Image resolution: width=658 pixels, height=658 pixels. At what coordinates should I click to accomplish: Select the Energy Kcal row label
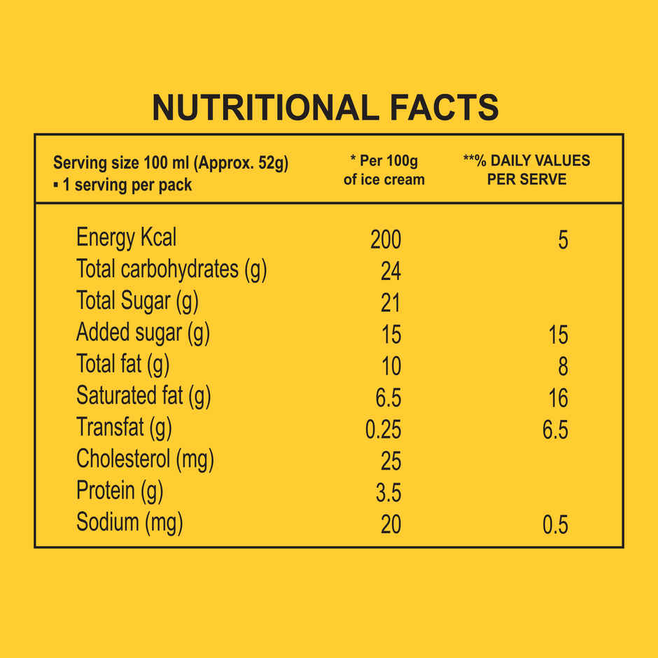(126, 238)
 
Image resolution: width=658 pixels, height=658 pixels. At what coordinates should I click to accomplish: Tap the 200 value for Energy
(386, 239)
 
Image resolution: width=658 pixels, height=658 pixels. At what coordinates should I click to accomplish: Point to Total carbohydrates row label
(171, 269)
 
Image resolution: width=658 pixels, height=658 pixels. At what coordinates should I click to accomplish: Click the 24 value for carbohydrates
(391, 271)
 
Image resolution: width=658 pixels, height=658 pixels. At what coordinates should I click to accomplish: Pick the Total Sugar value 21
(391, 302)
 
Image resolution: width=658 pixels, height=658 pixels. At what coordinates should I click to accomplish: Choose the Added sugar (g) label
(143, 332)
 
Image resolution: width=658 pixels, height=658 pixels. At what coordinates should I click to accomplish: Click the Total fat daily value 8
(563, 366)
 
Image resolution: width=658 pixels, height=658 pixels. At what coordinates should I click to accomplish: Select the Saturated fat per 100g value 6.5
(388, 398)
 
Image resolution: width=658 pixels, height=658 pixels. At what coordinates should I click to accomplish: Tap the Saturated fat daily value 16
(558, 398)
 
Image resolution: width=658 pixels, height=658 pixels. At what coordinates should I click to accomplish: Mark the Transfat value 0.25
(384, 429)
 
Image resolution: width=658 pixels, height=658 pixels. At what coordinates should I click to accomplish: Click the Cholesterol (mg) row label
(145, 460)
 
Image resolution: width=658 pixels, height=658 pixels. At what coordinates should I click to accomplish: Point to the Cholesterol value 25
(391, 461)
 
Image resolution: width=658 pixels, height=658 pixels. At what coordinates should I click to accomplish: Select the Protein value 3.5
(388, 493)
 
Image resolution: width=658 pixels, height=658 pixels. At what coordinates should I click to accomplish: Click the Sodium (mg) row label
(129, 523)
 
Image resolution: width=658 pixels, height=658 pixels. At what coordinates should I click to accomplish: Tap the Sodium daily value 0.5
(555, 525)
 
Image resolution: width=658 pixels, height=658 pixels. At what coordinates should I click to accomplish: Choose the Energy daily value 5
(563, 240)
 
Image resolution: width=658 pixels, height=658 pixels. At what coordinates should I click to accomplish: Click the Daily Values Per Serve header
(526, 170)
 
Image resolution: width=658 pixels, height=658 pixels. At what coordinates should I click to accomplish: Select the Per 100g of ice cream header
(384, 170)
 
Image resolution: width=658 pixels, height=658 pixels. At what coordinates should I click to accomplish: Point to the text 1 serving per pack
(126, 185)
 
